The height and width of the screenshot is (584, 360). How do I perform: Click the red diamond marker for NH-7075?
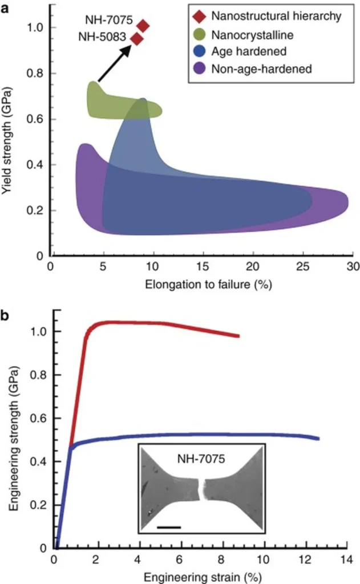pos(143,26)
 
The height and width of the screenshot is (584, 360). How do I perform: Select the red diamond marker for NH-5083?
pos(137,39)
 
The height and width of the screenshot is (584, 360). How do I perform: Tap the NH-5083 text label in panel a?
pos(107,38)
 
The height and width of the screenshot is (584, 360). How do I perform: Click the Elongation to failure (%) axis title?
pos(201,285)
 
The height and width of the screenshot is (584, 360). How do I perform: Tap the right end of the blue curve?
pos(318,438)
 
